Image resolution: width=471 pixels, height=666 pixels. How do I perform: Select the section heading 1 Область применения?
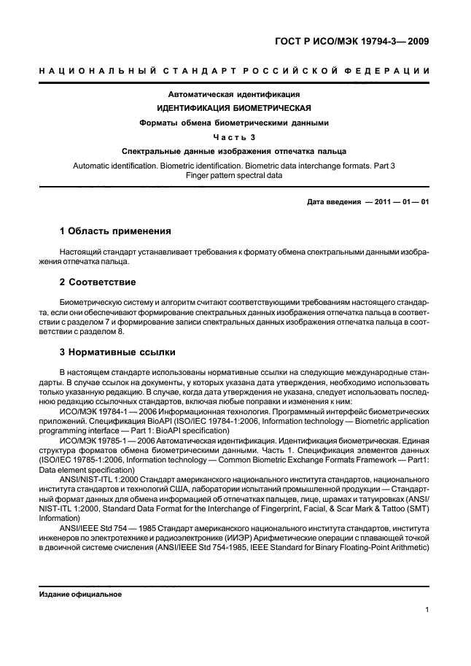click(x=115, y=231)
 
